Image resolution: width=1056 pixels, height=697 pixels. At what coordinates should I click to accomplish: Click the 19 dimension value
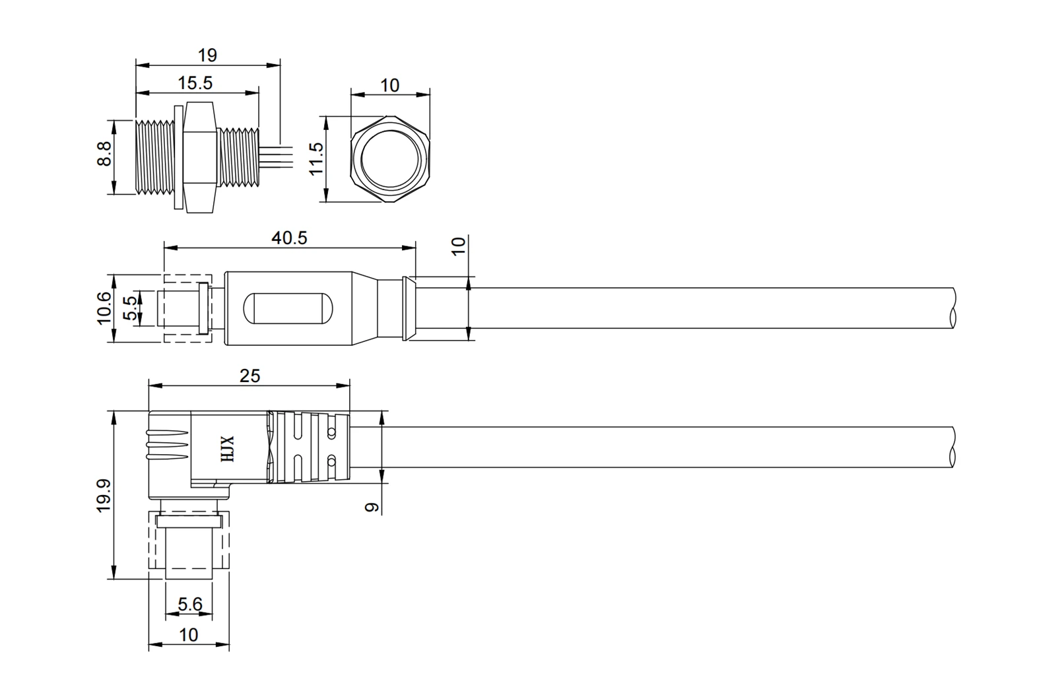point(207,55)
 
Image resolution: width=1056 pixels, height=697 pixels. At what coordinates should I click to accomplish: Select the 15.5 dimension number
point(195,83)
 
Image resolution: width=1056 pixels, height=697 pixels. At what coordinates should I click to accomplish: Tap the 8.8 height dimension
point(104,154)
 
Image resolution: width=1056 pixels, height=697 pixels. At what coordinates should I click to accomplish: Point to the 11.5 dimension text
point(316,159)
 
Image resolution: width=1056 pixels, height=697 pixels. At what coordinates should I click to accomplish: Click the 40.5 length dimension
point(289,238)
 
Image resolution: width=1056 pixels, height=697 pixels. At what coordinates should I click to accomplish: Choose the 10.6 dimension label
point(104,308)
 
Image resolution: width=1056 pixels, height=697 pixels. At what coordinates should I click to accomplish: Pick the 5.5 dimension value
point(131,308)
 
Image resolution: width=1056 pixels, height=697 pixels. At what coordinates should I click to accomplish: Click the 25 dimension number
point(249,376)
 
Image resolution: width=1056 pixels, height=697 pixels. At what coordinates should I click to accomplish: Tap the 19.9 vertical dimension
point(104,495)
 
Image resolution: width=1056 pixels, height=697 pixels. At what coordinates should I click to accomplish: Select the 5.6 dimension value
point(189,604)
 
